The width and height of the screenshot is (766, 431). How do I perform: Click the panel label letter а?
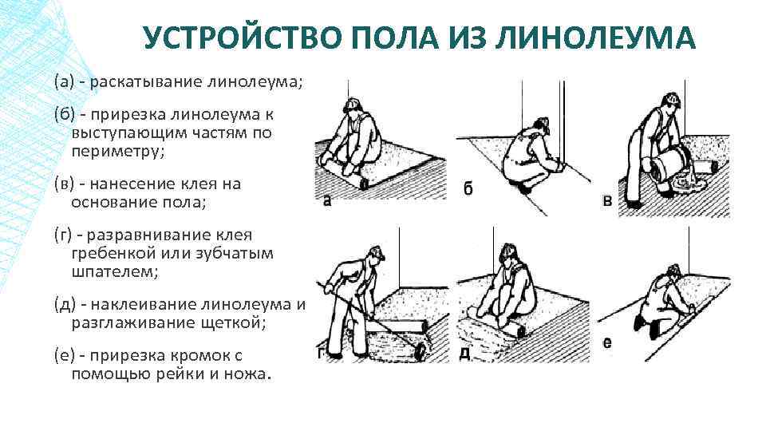tap(327, 201)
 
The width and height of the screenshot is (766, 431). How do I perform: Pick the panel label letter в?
tap(608, 201)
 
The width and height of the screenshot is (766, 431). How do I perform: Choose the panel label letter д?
tap(465, 352)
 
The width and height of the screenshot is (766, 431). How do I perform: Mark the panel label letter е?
tap(607, 343)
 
